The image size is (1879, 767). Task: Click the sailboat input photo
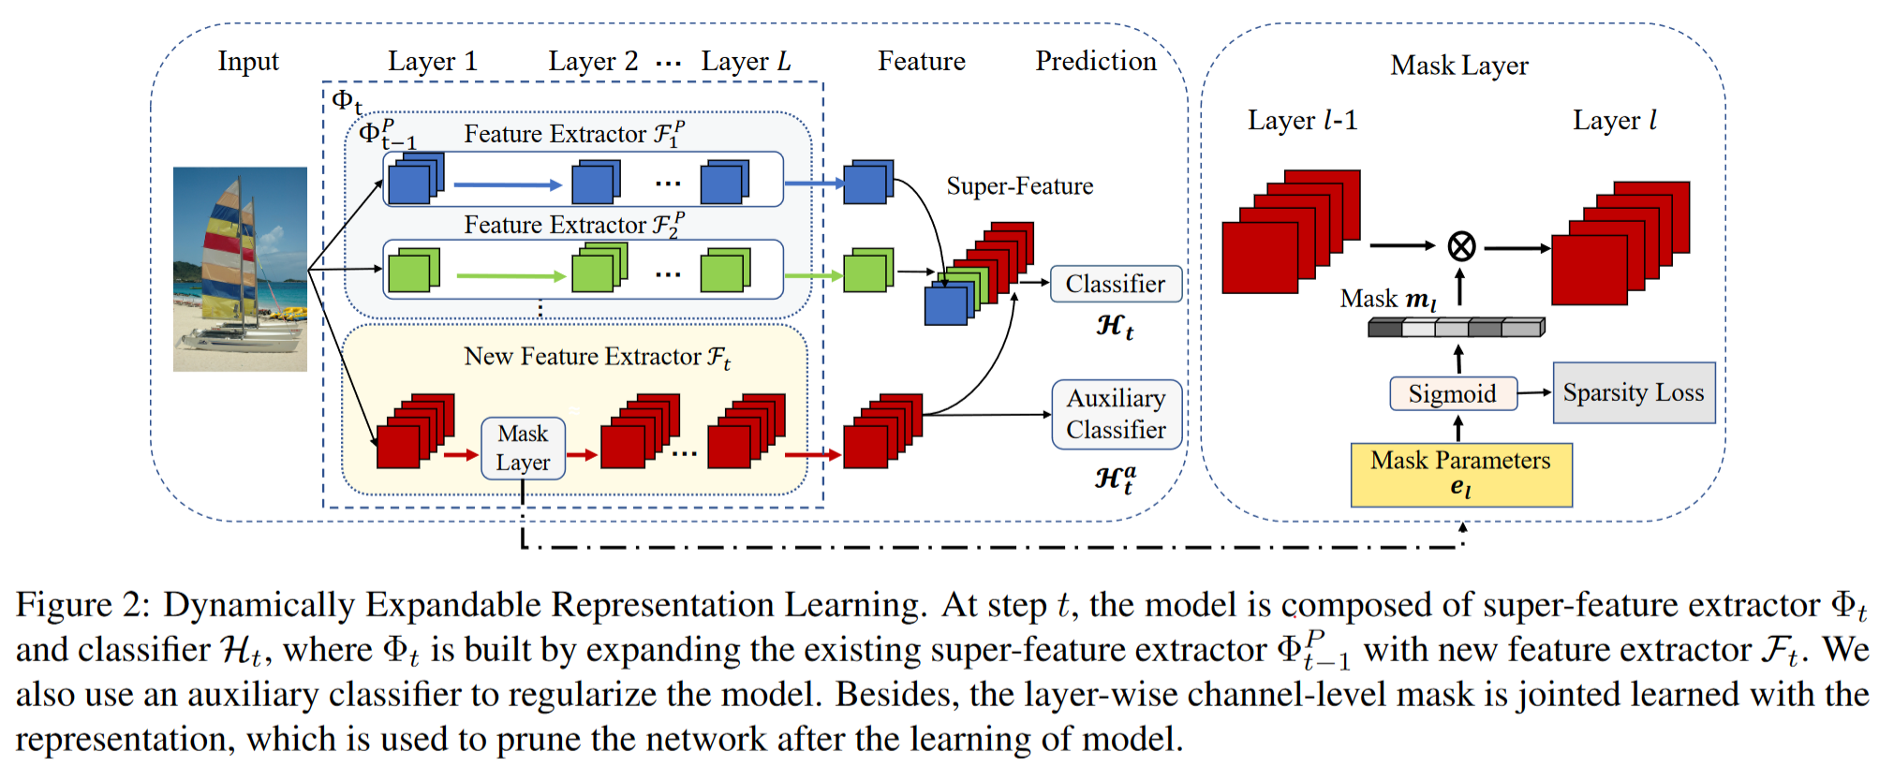click(240, 269)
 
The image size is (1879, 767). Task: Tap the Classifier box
click(1116, 284)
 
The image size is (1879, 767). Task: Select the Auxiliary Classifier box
click(1117, 414)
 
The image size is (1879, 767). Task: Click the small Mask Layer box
click(523, 449)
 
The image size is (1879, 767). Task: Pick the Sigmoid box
click(1453, 393)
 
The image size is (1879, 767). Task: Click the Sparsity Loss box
click(1634, 392)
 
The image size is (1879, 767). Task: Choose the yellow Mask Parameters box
click(1461, 475)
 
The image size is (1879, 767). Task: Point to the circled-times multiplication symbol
click(1461, 246)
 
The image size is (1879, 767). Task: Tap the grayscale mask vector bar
click(1456, 327)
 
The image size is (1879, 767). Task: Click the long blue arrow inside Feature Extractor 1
click(508, 184)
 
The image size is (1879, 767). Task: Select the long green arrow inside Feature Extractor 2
click(511, 275)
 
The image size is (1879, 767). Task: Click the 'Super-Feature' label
click(1019, 186)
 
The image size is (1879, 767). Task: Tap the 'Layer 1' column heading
click(433, 62)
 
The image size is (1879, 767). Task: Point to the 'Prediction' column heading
click(1096, 61)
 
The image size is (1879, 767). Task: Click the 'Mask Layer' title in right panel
click(1459, 66)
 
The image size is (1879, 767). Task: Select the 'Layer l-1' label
click(1302, 121)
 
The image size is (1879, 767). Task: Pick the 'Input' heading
click(248, 62)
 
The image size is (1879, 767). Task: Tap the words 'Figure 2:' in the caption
click(82, 605)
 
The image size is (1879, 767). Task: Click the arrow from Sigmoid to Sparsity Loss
click(1535, 392)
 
